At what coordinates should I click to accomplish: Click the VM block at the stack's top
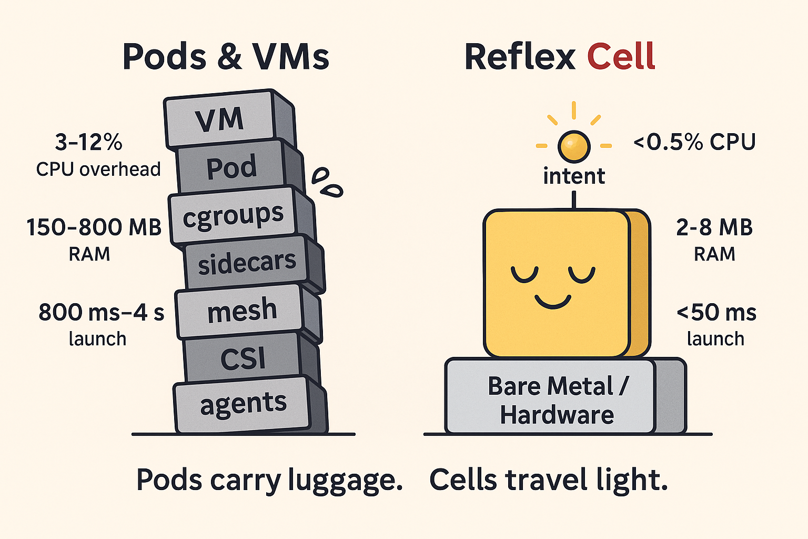(220, 120)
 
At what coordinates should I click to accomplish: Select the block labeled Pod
(231, 167)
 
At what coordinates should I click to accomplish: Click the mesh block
(241, 311)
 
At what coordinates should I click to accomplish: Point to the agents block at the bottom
(243, 404)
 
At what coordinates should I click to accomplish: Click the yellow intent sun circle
(574, 146)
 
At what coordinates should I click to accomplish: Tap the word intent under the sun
(574, 176)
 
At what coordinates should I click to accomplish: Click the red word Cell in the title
(621, 57)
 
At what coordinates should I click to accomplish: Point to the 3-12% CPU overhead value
(88, 142)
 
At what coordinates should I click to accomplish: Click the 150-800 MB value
(94, 227)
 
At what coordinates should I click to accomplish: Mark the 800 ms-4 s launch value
(101, 312)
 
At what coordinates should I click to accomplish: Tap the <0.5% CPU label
(694, 142)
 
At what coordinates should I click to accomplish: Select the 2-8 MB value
(714, 227)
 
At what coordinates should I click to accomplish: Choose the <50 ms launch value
(716, 312)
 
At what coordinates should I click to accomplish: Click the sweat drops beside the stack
(326, 182)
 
